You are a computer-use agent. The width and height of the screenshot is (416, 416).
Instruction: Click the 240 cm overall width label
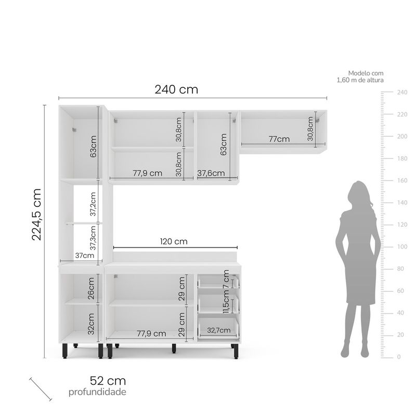point(176,89)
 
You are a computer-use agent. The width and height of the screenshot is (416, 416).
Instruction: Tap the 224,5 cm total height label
point(36,214)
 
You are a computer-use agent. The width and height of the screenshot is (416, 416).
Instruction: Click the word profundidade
point(97,392)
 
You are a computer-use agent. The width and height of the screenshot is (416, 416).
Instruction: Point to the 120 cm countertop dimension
point(174,241)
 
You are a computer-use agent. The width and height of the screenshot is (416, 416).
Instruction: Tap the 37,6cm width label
point(211,173)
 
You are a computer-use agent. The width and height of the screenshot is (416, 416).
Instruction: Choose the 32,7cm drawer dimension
point(218,330)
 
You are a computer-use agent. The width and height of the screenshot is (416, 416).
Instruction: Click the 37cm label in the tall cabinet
point(85,255)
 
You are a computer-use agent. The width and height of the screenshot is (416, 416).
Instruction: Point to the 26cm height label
point(91,287)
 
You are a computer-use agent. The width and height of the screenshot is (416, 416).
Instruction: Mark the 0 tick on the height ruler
point(398,357)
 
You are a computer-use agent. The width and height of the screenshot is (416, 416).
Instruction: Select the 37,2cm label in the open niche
point(93,204)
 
